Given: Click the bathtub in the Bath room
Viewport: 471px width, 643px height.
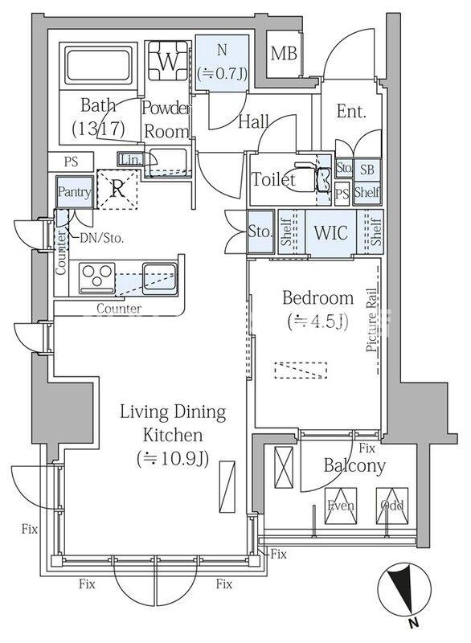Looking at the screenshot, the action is pyautogui.click(x=98, y=65).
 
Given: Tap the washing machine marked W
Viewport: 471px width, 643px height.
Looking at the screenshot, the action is pyautogui.click(x=168, y=61).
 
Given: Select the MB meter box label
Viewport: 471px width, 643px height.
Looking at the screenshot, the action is pyautogui.click(x=284, y=54).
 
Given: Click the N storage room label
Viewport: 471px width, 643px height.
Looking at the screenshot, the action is pyautogui.click(x=222, y=50).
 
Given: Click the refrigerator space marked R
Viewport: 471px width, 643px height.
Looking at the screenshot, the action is pyautogui.click(x=117, y=189).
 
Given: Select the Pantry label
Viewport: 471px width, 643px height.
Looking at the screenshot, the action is pyautogui.click(x=74, y=191).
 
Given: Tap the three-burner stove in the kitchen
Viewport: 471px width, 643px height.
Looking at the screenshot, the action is pyautogui.click(x=97, y=277).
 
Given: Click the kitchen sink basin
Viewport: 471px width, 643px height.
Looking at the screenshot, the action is pyautogui.click(x=160, y=277).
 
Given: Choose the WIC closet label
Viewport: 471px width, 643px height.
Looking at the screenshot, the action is pyautogui.click(x=330, y=232).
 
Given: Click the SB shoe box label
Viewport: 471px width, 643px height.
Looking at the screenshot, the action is pyautogui.click(x=367, y=169).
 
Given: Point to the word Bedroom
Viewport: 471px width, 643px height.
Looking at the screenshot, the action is pyautogui.click(x=317, y=297).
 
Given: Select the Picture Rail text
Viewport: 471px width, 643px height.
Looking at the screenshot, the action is pyautogui.click(x=371, y=320).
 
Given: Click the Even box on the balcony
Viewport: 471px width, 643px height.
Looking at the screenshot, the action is pyautogui.click(x=341, y=506).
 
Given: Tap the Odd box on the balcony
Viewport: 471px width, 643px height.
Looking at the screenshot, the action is pyautogui.click(x=392, y=506).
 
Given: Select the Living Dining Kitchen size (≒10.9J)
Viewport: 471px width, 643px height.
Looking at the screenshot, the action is pyautogui.click(x=173, y=458).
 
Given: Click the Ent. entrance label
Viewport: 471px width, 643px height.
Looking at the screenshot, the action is pyautogui.click(x=351, y=111).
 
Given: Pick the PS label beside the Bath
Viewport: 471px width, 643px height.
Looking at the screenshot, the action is pyautogui.click(x=71, y=162).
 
